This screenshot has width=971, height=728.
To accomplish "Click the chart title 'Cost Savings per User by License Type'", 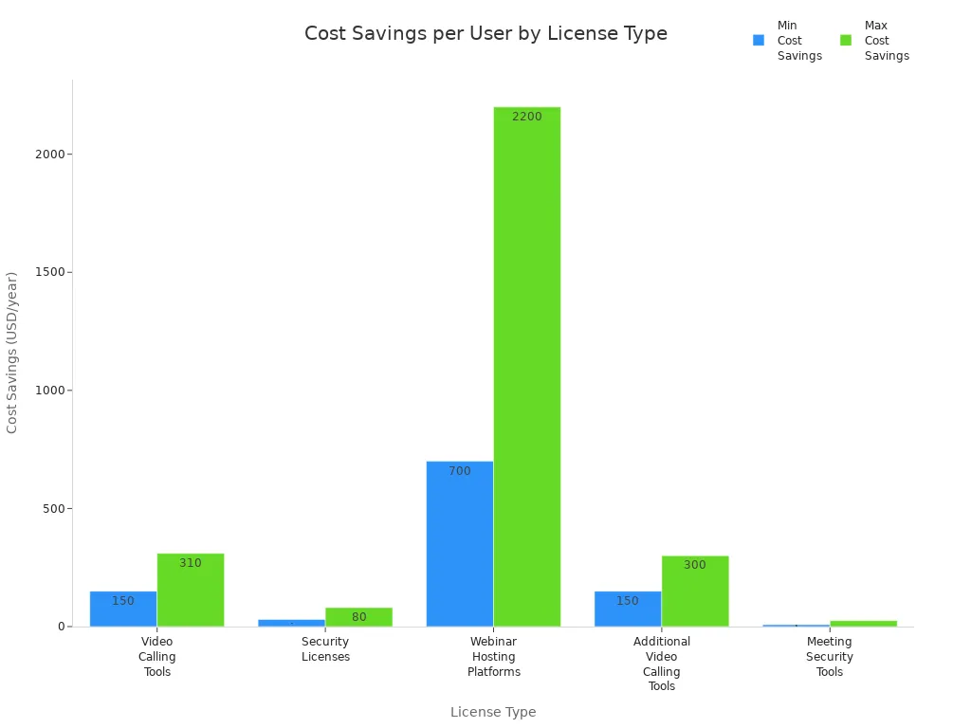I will point(485,34).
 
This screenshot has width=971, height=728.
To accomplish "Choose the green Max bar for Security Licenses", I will point(358,617).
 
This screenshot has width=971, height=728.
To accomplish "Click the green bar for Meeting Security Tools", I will point(863,624).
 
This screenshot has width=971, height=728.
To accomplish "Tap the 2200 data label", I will point(527,117).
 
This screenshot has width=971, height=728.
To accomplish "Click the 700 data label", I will point(460,471).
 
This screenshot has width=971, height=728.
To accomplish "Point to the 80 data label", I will point(358,617).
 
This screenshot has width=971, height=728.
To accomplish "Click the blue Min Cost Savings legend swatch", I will point(759,41).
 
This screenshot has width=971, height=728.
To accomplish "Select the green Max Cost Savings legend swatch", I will point(846,41).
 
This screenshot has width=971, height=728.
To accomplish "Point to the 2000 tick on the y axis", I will point(47,155).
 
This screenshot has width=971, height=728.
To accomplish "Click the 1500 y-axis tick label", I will point(47,272).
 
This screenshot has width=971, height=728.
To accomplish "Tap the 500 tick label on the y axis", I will point(51,508).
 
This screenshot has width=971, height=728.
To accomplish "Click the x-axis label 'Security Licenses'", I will point(325,649).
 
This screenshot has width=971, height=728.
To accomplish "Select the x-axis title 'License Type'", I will point(493,712).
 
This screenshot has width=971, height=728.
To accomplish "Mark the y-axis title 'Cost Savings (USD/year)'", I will point(12,353).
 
